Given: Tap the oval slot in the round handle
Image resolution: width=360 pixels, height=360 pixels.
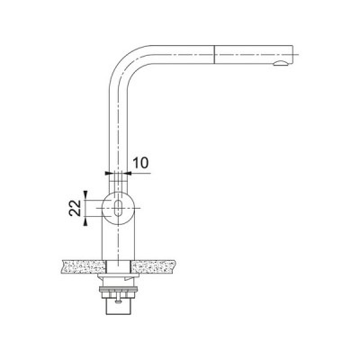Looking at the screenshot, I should (119, 209).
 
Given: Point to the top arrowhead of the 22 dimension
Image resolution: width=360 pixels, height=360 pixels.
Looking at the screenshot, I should (85, 193).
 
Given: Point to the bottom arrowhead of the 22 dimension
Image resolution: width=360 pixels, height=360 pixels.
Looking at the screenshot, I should (85, 225).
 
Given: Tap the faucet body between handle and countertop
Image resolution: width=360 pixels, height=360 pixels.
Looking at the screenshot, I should (118, 241).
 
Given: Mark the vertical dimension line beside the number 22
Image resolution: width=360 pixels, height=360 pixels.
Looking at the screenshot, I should (85, 209).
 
